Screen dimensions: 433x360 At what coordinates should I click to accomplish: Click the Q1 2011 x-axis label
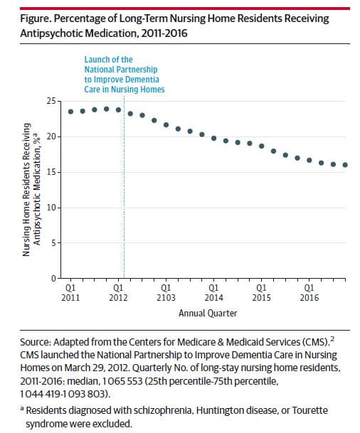tap(70, 294)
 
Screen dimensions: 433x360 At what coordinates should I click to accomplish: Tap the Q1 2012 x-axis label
tap(118, 294)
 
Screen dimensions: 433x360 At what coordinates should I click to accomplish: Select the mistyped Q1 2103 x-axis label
tap(166, 294)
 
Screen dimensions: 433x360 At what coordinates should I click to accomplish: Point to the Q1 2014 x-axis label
tap(214, 294)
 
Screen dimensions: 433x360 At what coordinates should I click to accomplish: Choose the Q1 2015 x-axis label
tap(262, 294)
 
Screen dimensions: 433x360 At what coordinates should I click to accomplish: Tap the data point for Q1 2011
tap(70, 112)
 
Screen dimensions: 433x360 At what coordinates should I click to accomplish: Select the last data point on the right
tap(346, 165)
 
